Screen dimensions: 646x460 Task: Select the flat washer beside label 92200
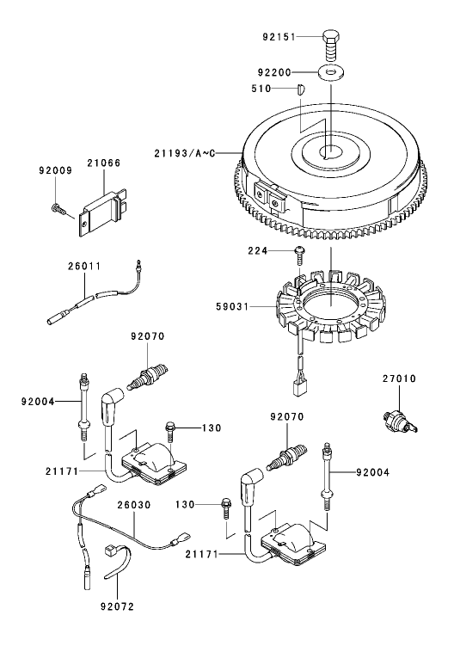[332, 72]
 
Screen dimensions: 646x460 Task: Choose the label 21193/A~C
[182, 152]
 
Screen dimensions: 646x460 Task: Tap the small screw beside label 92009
[58, 207]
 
